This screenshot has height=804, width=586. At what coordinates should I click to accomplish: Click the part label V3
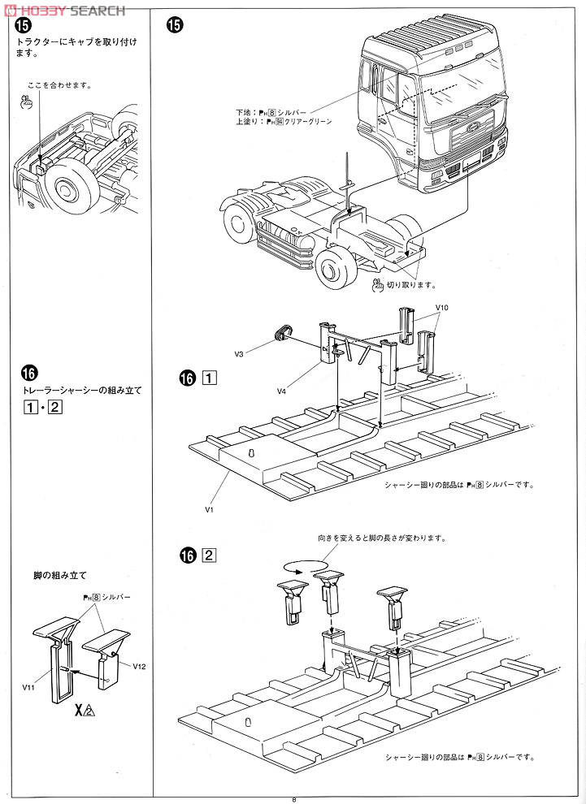point(240,354)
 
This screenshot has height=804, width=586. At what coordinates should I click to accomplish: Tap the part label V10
point(442,308)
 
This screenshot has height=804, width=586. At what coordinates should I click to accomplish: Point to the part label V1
point(209,509)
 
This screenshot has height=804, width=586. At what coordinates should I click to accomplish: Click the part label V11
point(29,686)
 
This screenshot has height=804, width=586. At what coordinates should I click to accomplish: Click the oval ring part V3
point(283,331)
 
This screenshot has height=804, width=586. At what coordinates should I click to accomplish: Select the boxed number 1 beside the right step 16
point(209,378)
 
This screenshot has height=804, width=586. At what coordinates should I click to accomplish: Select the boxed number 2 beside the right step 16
point(209,556)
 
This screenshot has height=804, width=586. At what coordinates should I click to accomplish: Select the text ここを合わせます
point(59,84)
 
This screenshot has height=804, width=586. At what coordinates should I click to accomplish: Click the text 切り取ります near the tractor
point(411,285)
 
